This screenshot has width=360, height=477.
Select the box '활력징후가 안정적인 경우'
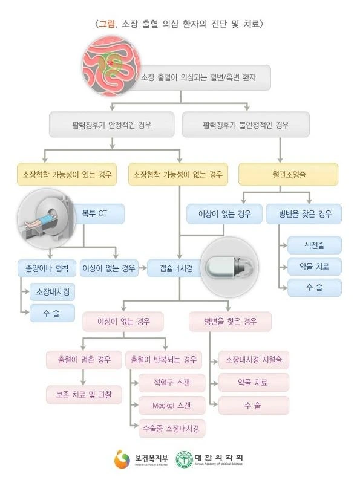tap(111, 125)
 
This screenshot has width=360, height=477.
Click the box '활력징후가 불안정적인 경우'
tap(246, 125)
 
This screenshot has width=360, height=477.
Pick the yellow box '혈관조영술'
tap(288, 175)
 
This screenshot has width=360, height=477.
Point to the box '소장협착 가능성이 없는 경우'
tap(178, 175)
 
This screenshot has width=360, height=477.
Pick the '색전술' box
tap(313, 245)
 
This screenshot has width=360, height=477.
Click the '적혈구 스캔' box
tap(171, 383)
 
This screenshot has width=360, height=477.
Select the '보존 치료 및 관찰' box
tap(84, 395)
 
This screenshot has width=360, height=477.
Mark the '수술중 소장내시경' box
tap(171, 428)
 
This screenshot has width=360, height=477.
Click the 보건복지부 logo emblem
tap(122, 458)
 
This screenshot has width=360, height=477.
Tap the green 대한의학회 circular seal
tap(185, 459)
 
